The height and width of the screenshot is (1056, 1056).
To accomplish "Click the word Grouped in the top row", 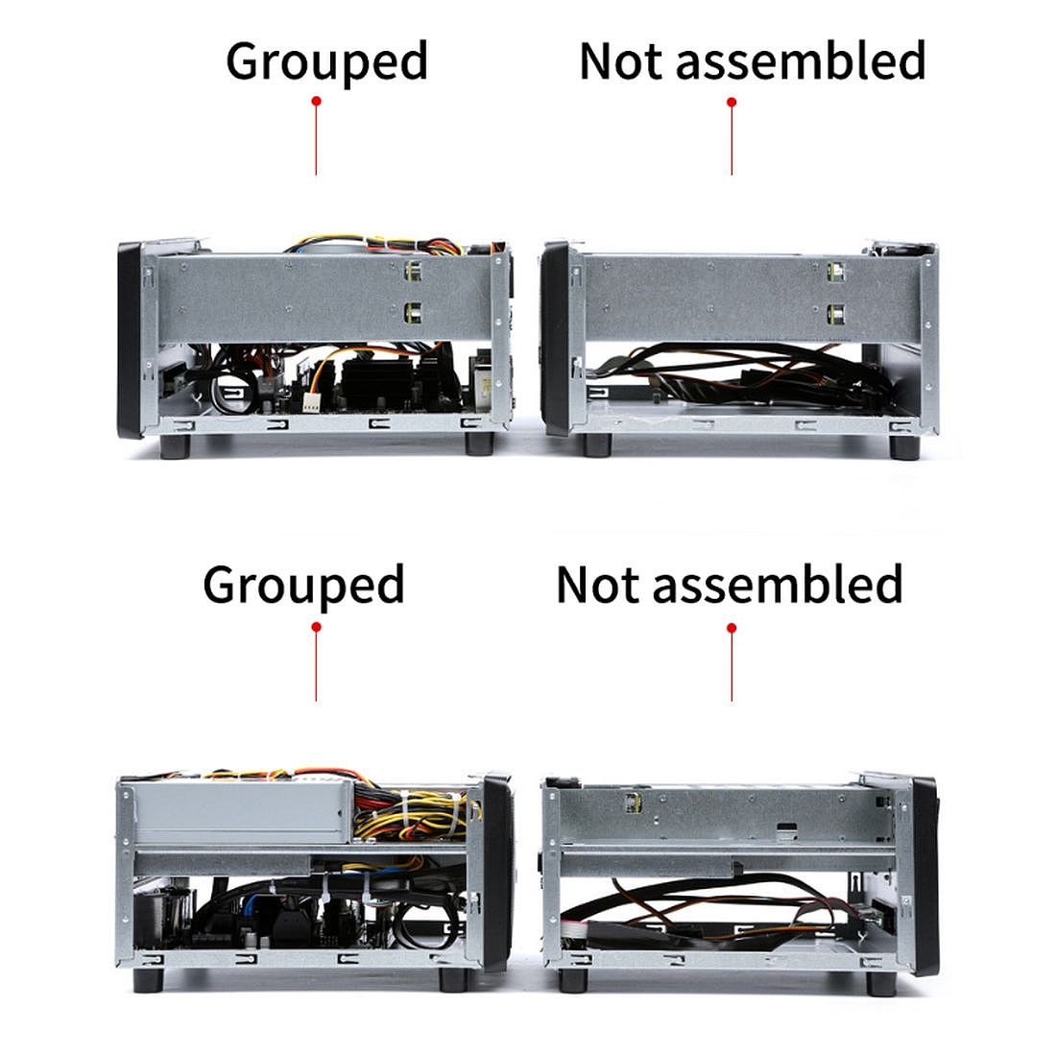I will [x=326, y=61].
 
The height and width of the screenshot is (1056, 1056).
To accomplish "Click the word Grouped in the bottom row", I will [x=303, y=585].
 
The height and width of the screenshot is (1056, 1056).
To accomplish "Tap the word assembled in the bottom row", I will [x=778, y=584].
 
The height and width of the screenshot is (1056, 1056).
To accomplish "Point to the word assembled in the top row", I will [x=801, y=60].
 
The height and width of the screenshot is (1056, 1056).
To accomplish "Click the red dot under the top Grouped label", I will [x=316, y=101].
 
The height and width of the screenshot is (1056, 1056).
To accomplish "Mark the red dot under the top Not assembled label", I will [x=732, y=102].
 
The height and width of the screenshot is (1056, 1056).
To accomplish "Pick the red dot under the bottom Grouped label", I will [x=316, y=627].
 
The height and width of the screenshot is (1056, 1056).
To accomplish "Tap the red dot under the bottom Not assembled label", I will [x=732, y=628].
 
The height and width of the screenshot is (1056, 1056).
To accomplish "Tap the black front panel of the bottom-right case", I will [x=924, y=874].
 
